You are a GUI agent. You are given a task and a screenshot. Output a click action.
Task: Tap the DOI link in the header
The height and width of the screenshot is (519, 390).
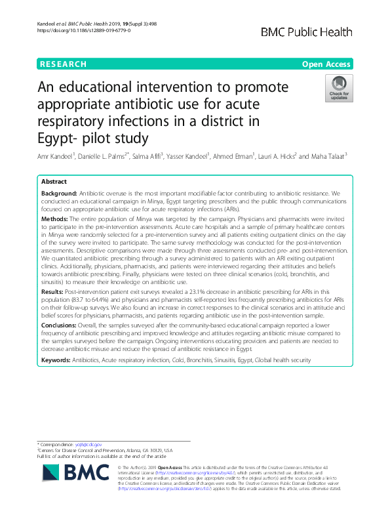point(79,31)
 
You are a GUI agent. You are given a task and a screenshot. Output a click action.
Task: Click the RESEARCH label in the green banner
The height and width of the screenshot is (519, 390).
point(64,64)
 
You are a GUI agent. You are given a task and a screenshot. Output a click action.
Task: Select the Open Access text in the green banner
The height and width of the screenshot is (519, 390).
point(326,64)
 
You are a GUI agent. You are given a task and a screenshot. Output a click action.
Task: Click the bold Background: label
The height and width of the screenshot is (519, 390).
point(59,196)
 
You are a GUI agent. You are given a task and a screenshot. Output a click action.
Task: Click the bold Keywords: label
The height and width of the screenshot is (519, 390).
point(58,362)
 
